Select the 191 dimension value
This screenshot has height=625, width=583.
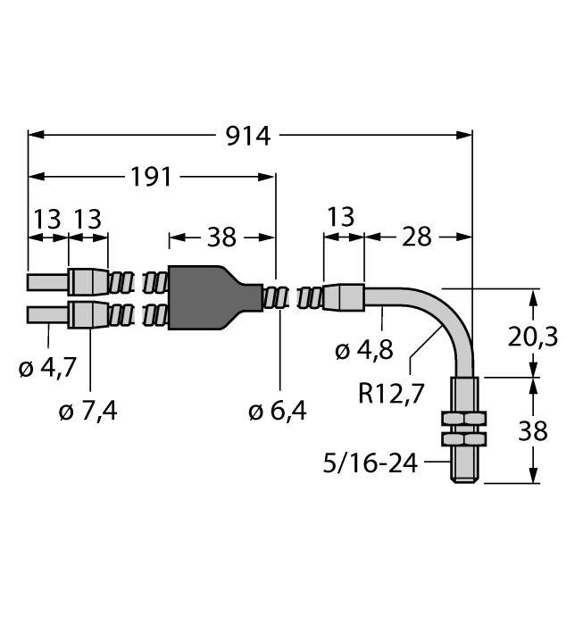(150, 177)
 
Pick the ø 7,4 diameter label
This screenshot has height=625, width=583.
(87, 411)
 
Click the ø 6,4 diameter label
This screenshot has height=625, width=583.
(277, 411)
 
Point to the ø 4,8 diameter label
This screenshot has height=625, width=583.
(363, 351)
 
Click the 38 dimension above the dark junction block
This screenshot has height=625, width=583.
(221, 237)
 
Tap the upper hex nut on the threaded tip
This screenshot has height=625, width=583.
(466, 418)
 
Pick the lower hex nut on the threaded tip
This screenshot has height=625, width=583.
(466, 439)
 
